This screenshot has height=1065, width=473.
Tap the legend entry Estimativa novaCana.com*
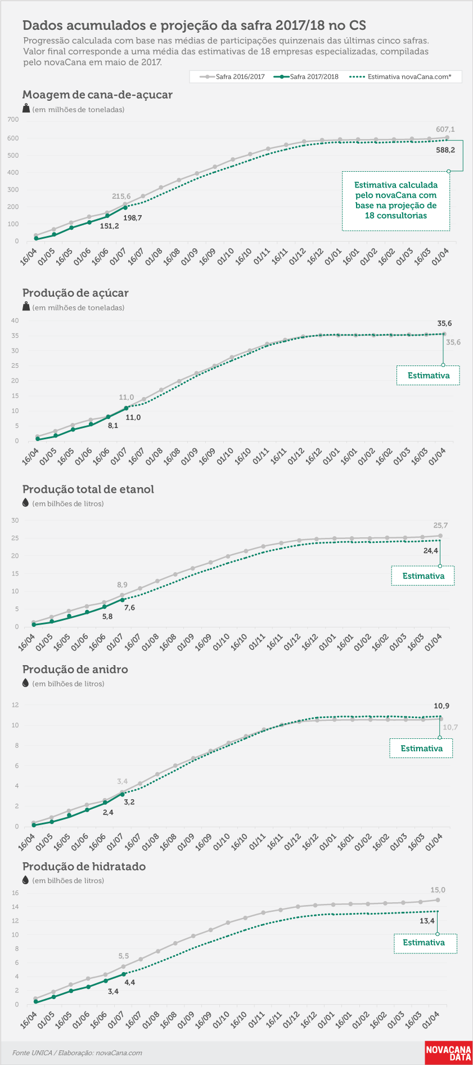(400, 77)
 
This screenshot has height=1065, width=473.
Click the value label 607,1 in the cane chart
(445, 130)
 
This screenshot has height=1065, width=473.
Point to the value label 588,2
(445, 150)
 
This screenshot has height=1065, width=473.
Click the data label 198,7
(132, 218)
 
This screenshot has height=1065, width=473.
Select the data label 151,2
(109, 226)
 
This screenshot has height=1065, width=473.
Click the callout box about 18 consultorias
(396, 200)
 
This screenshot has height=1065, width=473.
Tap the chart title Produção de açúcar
(75, 293)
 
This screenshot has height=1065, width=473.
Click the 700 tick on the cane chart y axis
(13, 119)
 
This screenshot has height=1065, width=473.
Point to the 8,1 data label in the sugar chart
(113, 426)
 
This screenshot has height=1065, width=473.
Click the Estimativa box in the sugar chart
(428, 376)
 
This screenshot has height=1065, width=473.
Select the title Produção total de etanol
(88, 489)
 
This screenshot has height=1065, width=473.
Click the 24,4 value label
(431, 551)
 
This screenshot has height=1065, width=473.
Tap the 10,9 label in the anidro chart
(442, 706)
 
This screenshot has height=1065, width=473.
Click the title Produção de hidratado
(84, 866)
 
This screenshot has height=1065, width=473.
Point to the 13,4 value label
(427, 921)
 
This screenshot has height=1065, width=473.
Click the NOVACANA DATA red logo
(448, 1053)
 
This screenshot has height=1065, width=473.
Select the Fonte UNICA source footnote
(77, 1053)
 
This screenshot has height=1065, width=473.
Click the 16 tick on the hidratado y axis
(15, 893)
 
